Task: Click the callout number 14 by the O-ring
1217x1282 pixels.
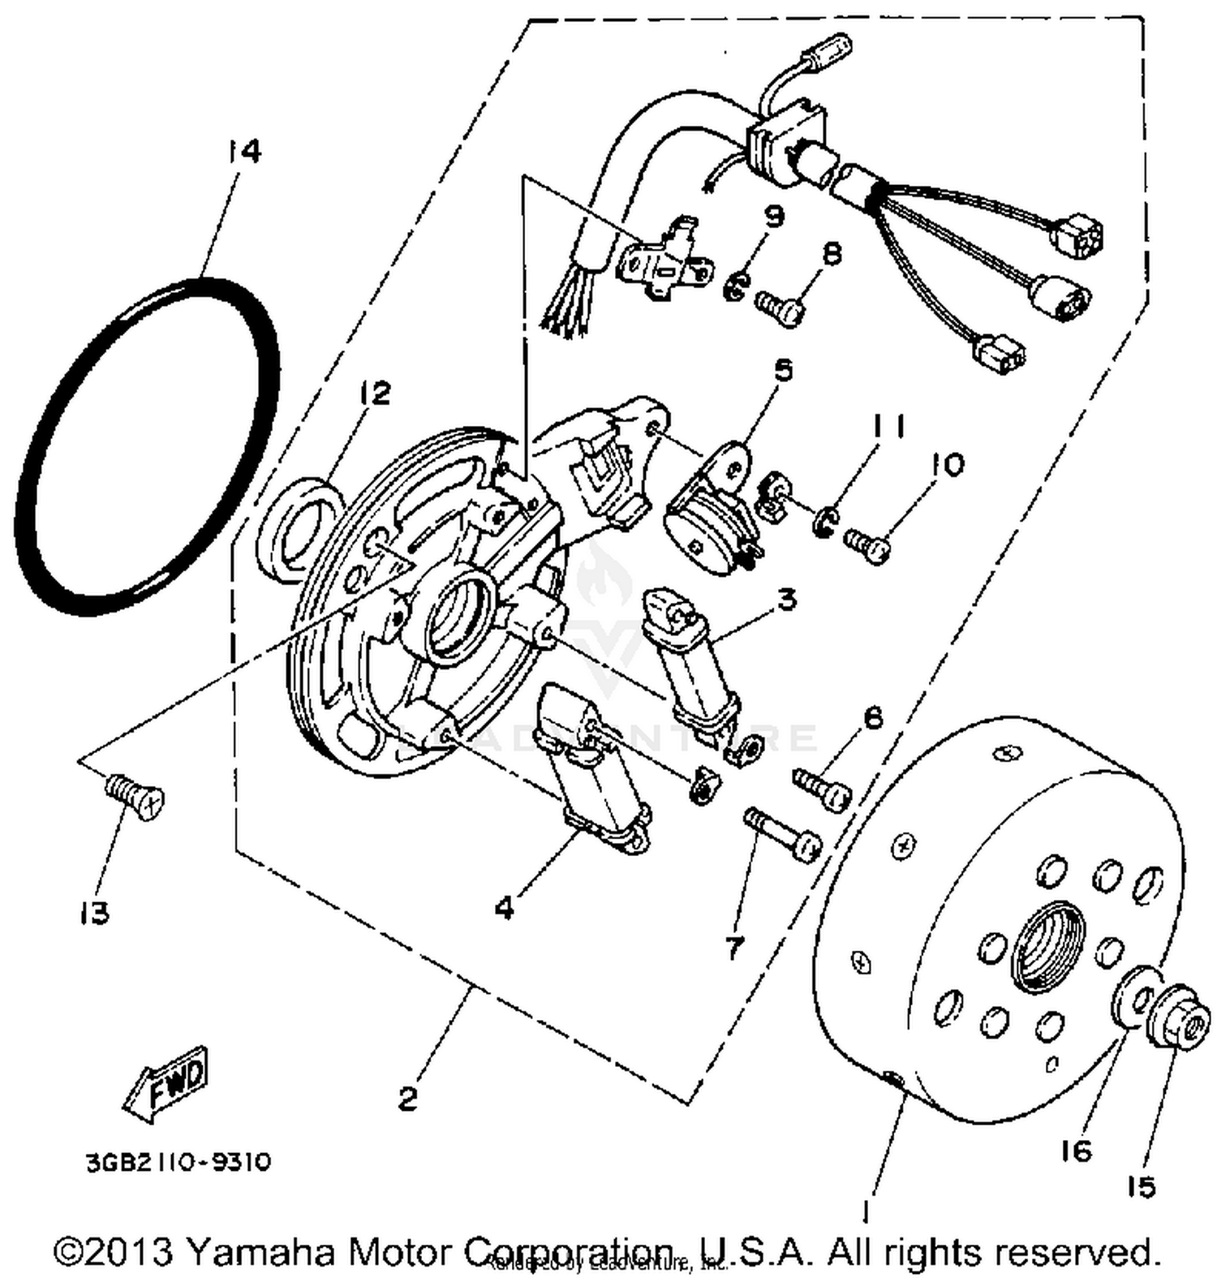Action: coord(243,152)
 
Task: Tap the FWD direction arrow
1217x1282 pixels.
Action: coord(167,1085)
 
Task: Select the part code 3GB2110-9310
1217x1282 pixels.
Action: coord(178,1162)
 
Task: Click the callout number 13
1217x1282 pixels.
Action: coord(95,914)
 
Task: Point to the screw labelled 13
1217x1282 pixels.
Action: coord(135,794)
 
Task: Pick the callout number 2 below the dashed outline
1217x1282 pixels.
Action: coord(407,1099)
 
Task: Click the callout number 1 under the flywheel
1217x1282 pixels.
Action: coord(866,1212)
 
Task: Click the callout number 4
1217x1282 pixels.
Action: coord(505,908)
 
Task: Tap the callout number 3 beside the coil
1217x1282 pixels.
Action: coord(786,600)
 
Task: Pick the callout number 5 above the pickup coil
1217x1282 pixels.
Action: coord(783,372)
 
